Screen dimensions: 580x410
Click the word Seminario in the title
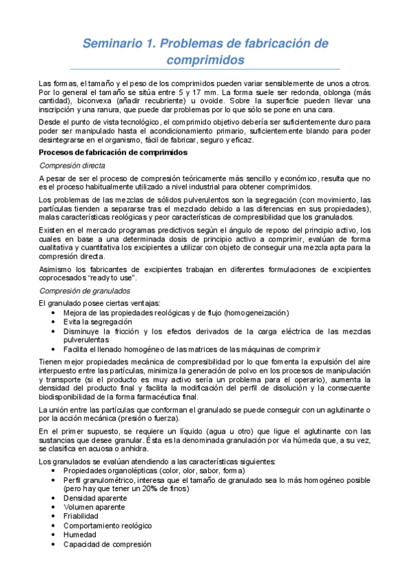[112, 44]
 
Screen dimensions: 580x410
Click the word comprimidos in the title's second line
[205, 60]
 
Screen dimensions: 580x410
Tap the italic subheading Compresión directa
[72, 165]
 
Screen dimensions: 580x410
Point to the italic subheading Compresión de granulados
[81, 291]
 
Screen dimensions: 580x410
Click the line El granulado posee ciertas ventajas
[90, 303]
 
